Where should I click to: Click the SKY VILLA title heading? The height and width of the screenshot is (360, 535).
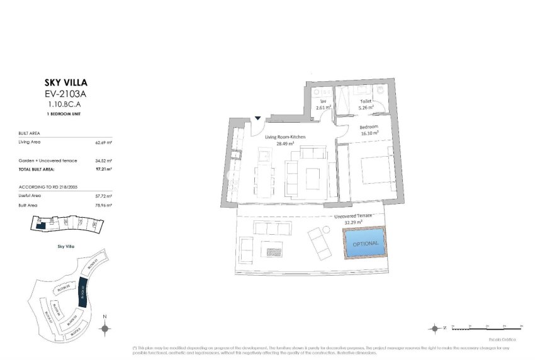tap(65, 82)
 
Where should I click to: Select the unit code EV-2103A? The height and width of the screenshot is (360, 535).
tap(65, 94)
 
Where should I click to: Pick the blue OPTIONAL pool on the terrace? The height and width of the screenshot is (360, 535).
tap(366, 243)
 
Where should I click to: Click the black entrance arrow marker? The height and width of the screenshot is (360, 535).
tap(258, 118)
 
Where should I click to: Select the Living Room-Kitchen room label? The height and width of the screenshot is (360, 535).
tap(286, 137)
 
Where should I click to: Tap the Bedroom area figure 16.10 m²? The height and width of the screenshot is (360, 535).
tap(369, 133)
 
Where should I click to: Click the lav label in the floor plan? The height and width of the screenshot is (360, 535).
tap(323, 101)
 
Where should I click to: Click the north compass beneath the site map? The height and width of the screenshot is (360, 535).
tap(106, 328)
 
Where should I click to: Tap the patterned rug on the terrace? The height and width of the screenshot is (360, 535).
tap(274, 252)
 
